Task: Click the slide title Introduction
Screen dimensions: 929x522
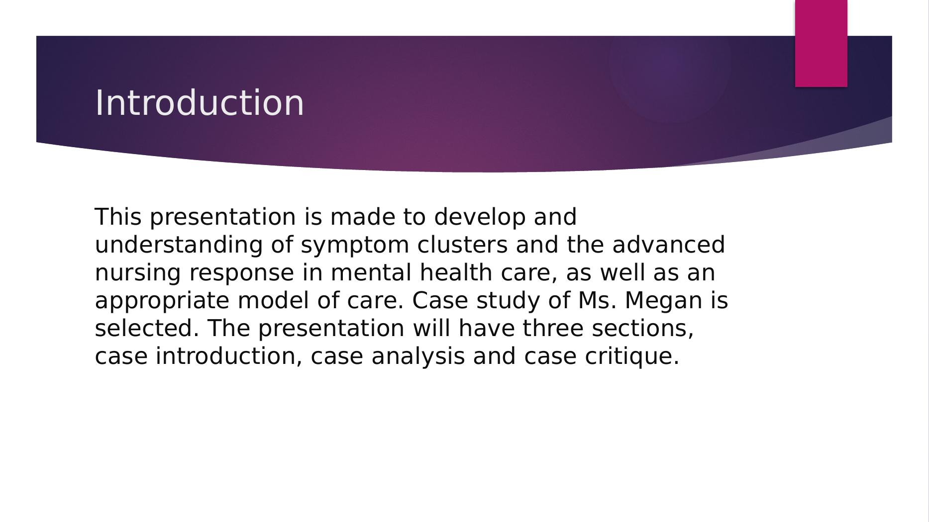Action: pos(199,103)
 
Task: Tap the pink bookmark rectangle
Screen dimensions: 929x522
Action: pos(821,43)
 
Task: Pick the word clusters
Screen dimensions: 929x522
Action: pos(462,245)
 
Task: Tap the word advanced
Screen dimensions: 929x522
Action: pos(668,245)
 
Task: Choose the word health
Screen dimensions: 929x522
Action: pos(456,272)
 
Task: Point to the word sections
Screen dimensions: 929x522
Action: pos(642,329)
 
